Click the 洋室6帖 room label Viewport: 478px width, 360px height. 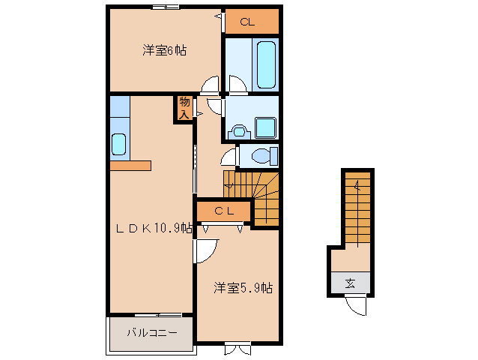(164, 50)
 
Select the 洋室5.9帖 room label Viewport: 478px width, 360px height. (243, 288)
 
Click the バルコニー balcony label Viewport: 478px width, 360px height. (152, 332)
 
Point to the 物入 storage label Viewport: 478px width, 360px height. (184, 108)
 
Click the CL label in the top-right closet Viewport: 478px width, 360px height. (247, 22)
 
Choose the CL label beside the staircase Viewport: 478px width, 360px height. (224, 211)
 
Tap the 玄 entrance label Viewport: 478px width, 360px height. (351, 283)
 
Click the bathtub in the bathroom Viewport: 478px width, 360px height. (266, 65)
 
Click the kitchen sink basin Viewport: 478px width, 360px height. (118, 144)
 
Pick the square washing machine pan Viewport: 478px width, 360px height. (266, 127)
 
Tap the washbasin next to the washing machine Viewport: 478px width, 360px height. (240, 132)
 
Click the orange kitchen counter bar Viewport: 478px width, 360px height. (130, 166)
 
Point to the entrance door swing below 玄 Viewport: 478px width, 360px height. (356, 306)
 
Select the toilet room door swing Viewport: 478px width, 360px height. (229, 157)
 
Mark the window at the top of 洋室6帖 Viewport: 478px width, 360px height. (166, 7)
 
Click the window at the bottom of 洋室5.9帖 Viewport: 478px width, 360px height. (238, 349)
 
